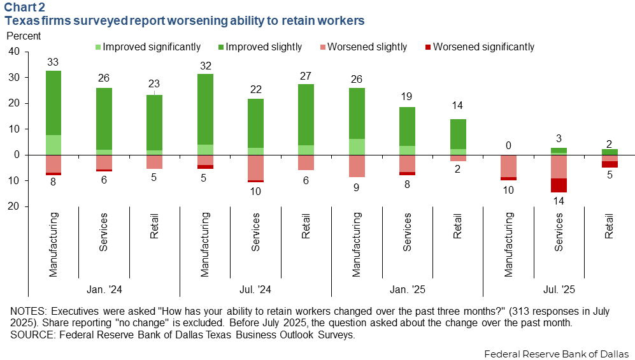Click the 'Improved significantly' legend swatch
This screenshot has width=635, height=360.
click(97, 47)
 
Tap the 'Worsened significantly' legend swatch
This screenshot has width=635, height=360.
click(428, 47)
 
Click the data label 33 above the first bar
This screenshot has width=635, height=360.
click(53, 62)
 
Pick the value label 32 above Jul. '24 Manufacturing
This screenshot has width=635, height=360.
click(205, 66)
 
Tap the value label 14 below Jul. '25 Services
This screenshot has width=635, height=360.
click(559, 201)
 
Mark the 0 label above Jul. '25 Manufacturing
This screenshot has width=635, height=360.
click(509, 146)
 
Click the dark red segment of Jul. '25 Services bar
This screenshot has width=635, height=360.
click(559, 185)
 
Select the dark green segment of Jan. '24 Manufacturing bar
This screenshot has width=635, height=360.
click(54, 103)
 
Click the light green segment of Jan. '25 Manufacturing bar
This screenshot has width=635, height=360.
click(357, 147)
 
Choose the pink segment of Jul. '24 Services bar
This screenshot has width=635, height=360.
click(256, 168)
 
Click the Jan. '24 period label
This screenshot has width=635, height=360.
click(104, 289)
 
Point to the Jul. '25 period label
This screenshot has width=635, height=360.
click(559, 289)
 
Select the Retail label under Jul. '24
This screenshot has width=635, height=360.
click(306, 226)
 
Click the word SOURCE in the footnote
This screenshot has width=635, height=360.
click(31, 335)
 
